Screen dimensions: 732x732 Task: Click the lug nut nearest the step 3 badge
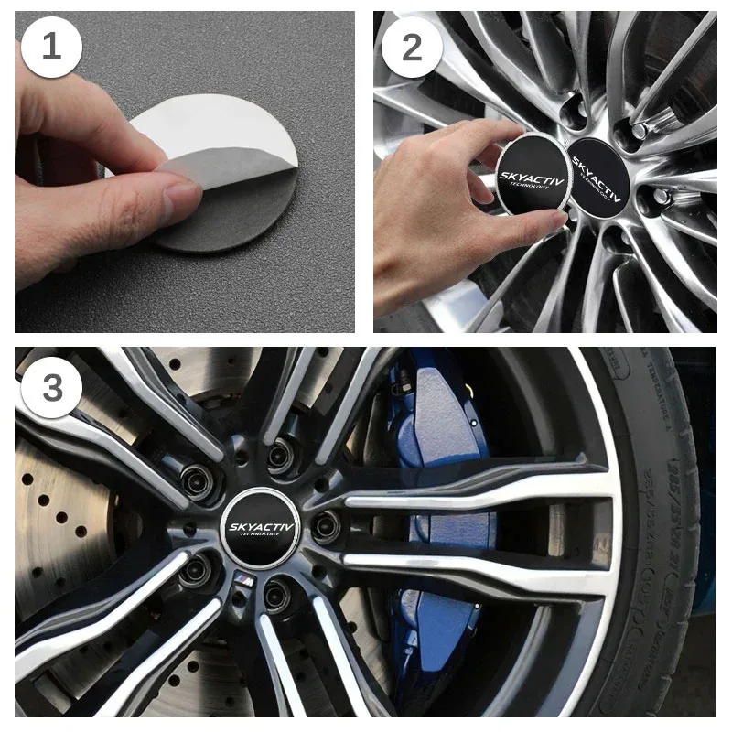tap(196, 477)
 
